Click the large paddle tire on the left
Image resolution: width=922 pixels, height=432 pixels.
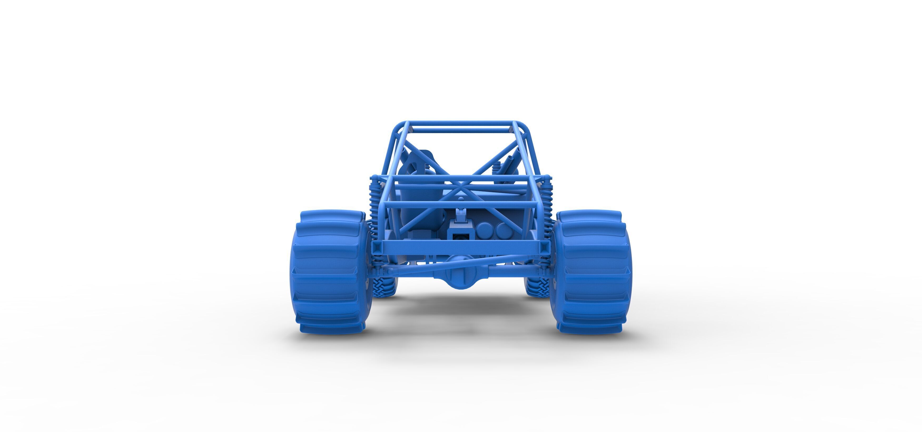[331, 272]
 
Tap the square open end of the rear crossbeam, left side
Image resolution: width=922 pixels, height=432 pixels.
[376, 247]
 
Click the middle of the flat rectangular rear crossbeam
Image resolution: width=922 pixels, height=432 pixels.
[461, 247]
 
